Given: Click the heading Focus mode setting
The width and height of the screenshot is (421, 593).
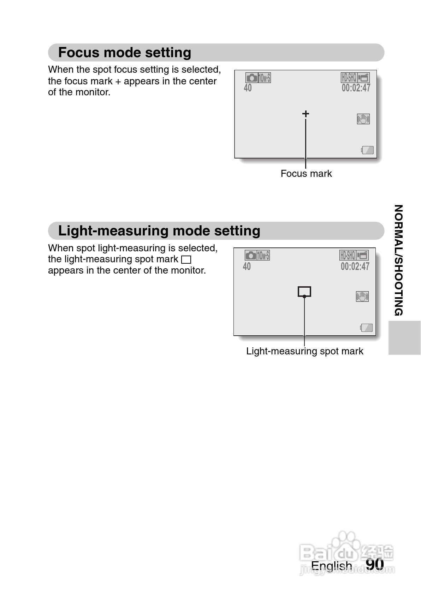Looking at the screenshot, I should tap(124, 53).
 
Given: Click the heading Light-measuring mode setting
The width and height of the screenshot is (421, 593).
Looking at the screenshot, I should tap(159, 231).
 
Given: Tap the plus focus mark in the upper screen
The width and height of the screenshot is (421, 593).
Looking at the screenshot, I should tap(306, 114).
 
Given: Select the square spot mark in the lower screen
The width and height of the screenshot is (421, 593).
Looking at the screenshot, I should tap(304, 292).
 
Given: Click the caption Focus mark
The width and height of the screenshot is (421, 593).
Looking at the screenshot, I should tap(306, 174).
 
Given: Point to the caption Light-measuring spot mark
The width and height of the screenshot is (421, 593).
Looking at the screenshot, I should tap(304, 351).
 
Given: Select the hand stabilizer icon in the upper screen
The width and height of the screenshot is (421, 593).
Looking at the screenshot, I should tap(363, 119).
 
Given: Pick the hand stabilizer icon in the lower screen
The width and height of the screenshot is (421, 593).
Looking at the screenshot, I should tap(362, 297).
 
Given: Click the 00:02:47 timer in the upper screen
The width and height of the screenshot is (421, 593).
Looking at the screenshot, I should tap(356, 88).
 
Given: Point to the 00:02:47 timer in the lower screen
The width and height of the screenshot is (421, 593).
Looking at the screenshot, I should tap(355, 266).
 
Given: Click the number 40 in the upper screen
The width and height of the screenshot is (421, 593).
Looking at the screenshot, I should tap(248, 88).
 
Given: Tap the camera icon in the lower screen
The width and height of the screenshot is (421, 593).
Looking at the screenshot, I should tap(251, 255).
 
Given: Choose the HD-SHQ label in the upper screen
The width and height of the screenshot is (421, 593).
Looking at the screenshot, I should tap(349, 77).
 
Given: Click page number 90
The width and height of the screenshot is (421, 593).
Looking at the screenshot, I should tap(374, 564).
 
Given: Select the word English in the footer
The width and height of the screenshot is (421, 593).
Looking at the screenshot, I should tap(332, 565).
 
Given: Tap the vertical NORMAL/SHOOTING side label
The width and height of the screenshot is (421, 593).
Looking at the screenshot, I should tap(398, 260).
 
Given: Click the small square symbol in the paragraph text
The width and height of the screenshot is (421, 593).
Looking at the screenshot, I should tap(186, 260).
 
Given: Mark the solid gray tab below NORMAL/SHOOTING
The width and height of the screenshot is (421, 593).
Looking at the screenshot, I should tap(404, 337).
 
